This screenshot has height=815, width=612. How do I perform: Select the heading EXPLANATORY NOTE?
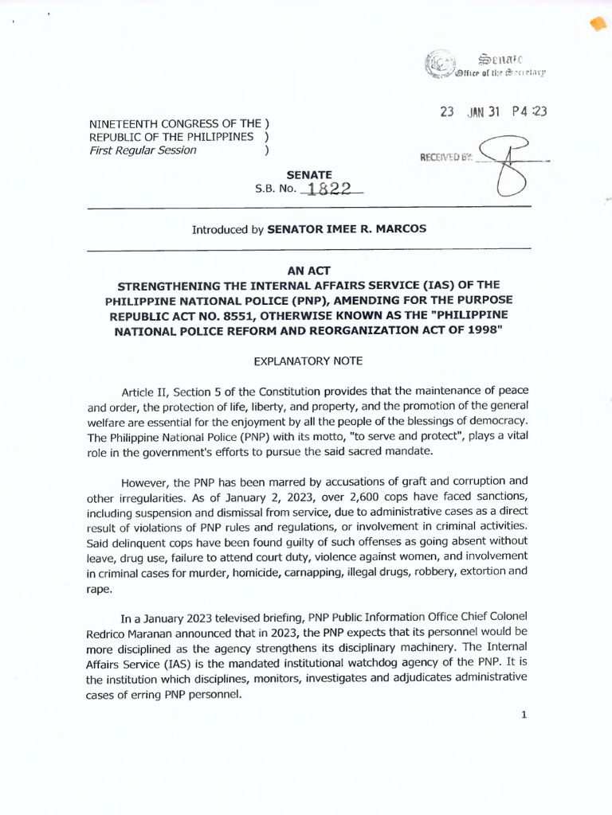click(x=308, y=361)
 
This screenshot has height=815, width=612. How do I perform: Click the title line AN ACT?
click(x=308, y=270)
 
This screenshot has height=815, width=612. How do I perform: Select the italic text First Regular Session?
click(x=143, y=150)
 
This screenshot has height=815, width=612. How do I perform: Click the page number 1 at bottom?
click(x=524, y=714)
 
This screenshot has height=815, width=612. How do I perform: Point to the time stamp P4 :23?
click(x=528, y=112)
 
